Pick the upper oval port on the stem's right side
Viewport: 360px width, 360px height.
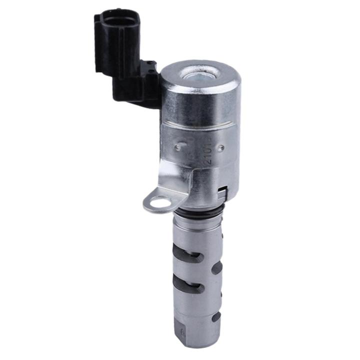coord(217,268)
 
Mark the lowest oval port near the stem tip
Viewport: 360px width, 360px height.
coord(216,317)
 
